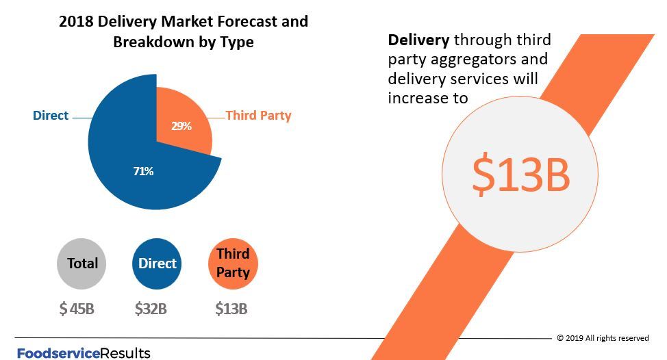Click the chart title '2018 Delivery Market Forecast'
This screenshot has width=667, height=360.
point(184,22)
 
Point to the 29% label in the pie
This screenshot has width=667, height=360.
point(181,126)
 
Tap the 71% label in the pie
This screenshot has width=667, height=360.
point(143,171)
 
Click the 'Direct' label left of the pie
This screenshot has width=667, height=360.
point(51,116)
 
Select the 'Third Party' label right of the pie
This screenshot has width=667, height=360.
point(258,116)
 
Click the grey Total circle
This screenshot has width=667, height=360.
point(82,263)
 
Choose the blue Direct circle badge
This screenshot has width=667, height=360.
point(157,263)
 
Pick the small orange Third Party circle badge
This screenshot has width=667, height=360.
point(233,263)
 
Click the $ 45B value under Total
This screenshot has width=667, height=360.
point(77,309)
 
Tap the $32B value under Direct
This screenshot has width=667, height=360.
point(151,309)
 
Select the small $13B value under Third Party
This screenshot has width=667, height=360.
point(231,309)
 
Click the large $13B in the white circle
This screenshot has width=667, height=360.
point(520,175)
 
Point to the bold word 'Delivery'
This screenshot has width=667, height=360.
point(419,40)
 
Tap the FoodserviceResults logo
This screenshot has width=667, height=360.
point(84,353)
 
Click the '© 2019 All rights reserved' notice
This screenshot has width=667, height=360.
point(603,338)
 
